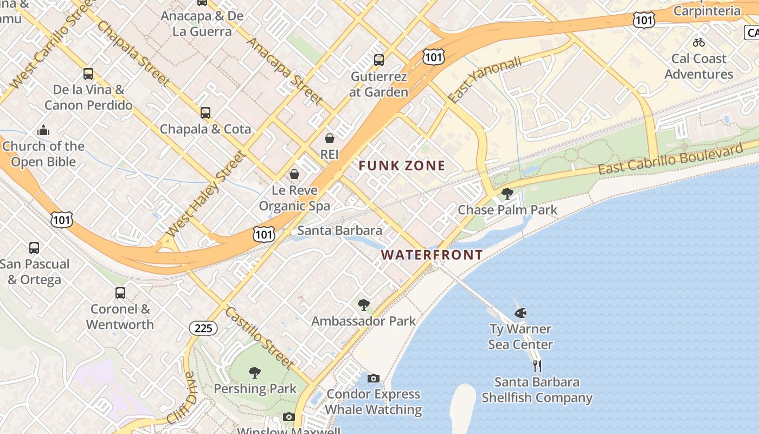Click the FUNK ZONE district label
pos(402,166)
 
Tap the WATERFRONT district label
pos(432,254)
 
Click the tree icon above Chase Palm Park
pos(507,193)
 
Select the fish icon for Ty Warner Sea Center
pos(520,312)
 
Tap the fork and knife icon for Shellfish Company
pos(537,366)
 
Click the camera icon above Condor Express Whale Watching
pos(374,378)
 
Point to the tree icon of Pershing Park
pos(254,372)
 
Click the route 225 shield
pos(203,328)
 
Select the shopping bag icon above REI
pos(329,138)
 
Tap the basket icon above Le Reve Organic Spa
pos(294,174)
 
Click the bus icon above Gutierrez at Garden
pos(379,60)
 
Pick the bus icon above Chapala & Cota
pos(205,112)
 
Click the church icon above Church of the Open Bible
pos(43,130)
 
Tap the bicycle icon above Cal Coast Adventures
pos(699,42)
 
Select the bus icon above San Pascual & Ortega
pos(34,248)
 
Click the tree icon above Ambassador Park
pos(364,305)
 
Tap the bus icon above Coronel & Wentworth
pos(120,293)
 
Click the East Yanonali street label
pos(485,79)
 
